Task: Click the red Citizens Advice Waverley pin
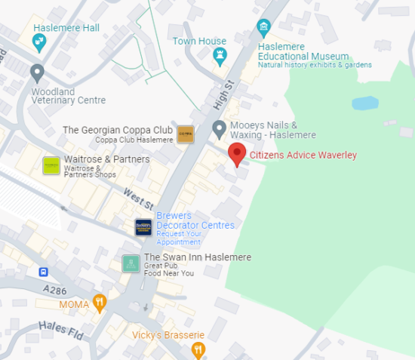pos(237,153)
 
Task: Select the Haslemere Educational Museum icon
pos(263,29)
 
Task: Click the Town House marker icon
pos(220,54)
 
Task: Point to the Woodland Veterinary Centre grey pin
pos(36,73)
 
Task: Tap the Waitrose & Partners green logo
pos(51,165)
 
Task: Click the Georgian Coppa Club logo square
pos(186,134)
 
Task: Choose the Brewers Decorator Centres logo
pos(143,226)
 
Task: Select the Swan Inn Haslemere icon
pos(131,263)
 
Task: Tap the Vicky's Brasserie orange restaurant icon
pos(198,349)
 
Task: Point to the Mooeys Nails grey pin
pos(219,129)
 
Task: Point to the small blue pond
pos(364,103)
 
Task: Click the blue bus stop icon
pos(44,272)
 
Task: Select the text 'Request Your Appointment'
pos(179,238)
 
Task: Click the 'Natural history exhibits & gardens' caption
pos(315,65)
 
